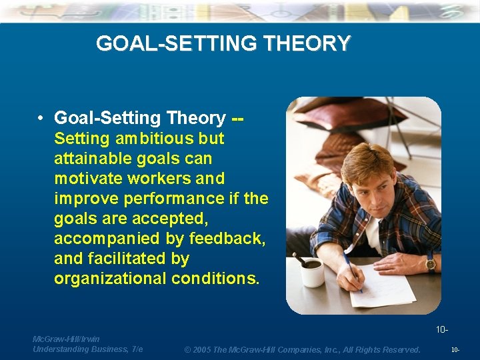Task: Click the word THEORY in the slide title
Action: pos(307,44)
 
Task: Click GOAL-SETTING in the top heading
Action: pos(178,44)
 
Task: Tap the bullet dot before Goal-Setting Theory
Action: pos(41,119)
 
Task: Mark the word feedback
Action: pos(227,239)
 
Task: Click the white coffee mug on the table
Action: pos(311,272)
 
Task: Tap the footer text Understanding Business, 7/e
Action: pos(87,349)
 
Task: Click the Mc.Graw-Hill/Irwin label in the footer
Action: pos(66,339)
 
